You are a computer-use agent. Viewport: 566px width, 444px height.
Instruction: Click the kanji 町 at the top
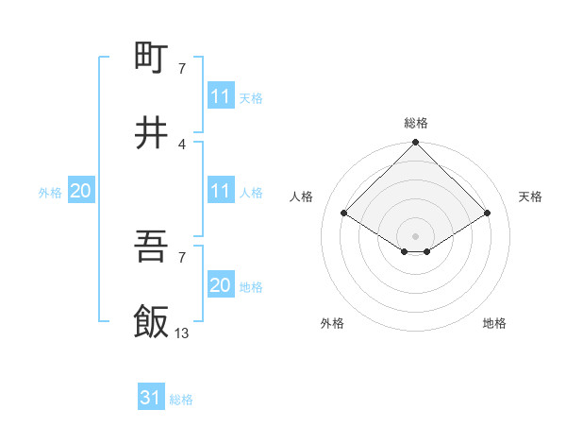coord(152,59)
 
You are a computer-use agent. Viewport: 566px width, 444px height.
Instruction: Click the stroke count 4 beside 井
coord(182,144)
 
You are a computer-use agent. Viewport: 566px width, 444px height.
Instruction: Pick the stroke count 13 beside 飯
coord(182,333)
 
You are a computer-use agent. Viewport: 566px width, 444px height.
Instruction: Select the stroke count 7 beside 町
coord(182,68)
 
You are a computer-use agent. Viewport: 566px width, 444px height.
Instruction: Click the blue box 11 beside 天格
coord(220,96)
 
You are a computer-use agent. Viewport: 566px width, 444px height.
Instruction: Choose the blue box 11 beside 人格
coord(220,191)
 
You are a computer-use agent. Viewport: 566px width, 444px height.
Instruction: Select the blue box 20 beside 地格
coord(220,285)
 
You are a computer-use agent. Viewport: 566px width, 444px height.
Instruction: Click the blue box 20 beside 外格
coord(81,191)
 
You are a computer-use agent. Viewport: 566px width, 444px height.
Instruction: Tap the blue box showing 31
coord(151,398)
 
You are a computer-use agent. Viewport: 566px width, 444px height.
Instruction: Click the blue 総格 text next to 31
coord(181,400)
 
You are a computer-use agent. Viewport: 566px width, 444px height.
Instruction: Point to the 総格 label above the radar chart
coord(416,123)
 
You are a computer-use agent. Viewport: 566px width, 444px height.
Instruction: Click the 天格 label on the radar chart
coord(531,196)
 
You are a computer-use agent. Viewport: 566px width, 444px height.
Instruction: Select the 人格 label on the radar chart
coord(302,196)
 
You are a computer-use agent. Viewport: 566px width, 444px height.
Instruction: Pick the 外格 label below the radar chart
coord(332,324)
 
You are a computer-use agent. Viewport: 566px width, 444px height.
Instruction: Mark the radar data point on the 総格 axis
coord(416,144)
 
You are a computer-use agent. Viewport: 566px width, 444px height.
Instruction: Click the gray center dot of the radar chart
coord(416,235)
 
